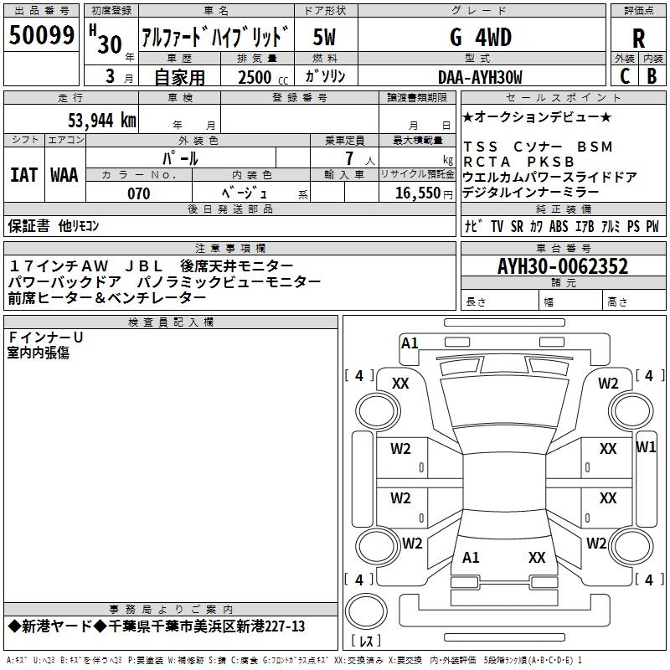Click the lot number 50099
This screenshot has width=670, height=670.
[41, 35]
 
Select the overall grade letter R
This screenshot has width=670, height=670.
[638, 38]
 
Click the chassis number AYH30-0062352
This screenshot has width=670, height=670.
[563, 267]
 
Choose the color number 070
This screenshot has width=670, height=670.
[138, 193]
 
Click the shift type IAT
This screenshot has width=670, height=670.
[23, 175]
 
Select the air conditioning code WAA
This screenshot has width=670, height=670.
[64, 175]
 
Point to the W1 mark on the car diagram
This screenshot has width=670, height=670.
[646, 447]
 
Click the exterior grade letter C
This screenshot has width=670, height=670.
[624, 77]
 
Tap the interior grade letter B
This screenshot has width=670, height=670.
[652, 77]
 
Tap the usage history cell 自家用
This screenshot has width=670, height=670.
[179, 78]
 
